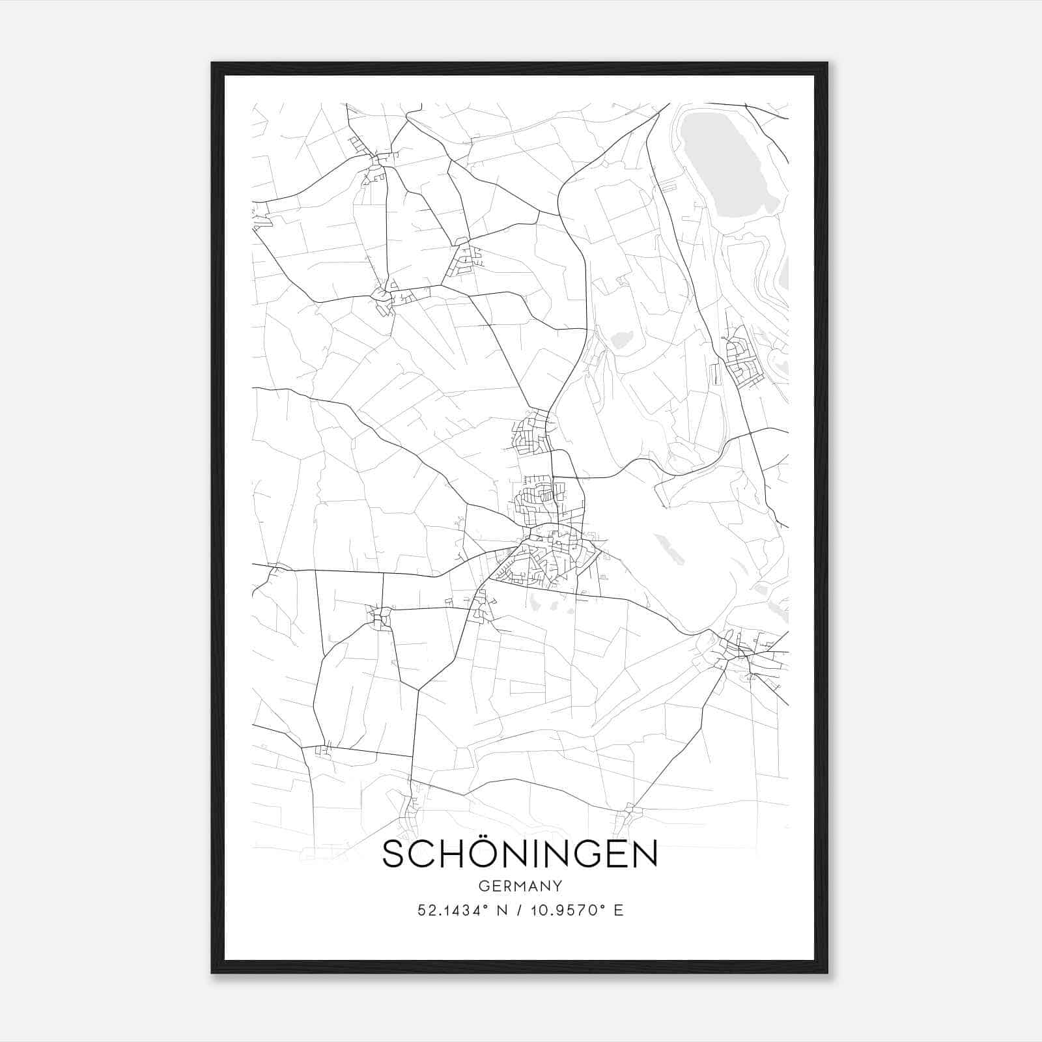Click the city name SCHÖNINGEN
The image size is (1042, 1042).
pyautogui.click(x=520, y=854)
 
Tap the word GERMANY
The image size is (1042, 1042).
pyautogui.click(x=520, y=886)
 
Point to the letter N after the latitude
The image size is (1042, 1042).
pyautogui.click(x=501, y=910)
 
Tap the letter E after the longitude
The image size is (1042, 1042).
pyautogui.click(x=619, y=910)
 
